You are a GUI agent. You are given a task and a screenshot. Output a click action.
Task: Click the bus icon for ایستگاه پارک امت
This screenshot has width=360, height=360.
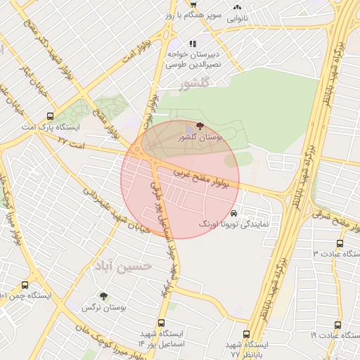pos(49,116)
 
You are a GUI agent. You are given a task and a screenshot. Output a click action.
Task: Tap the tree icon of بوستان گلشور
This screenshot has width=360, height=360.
pos(202,126)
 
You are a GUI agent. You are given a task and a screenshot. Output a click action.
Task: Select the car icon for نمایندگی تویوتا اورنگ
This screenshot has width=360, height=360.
pos(234,212)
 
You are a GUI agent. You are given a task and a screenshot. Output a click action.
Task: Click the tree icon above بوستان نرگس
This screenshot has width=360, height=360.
pos(104,297)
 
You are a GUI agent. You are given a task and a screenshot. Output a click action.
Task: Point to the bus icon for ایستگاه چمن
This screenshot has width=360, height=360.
pos(25,285)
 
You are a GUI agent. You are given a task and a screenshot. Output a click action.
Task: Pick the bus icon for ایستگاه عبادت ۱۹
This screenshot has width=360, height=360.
pos(338,325)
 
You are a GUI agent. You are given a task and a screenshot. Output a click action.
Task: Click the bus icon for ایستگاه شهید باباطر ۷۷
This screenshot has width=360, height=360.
pos(246,334)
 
